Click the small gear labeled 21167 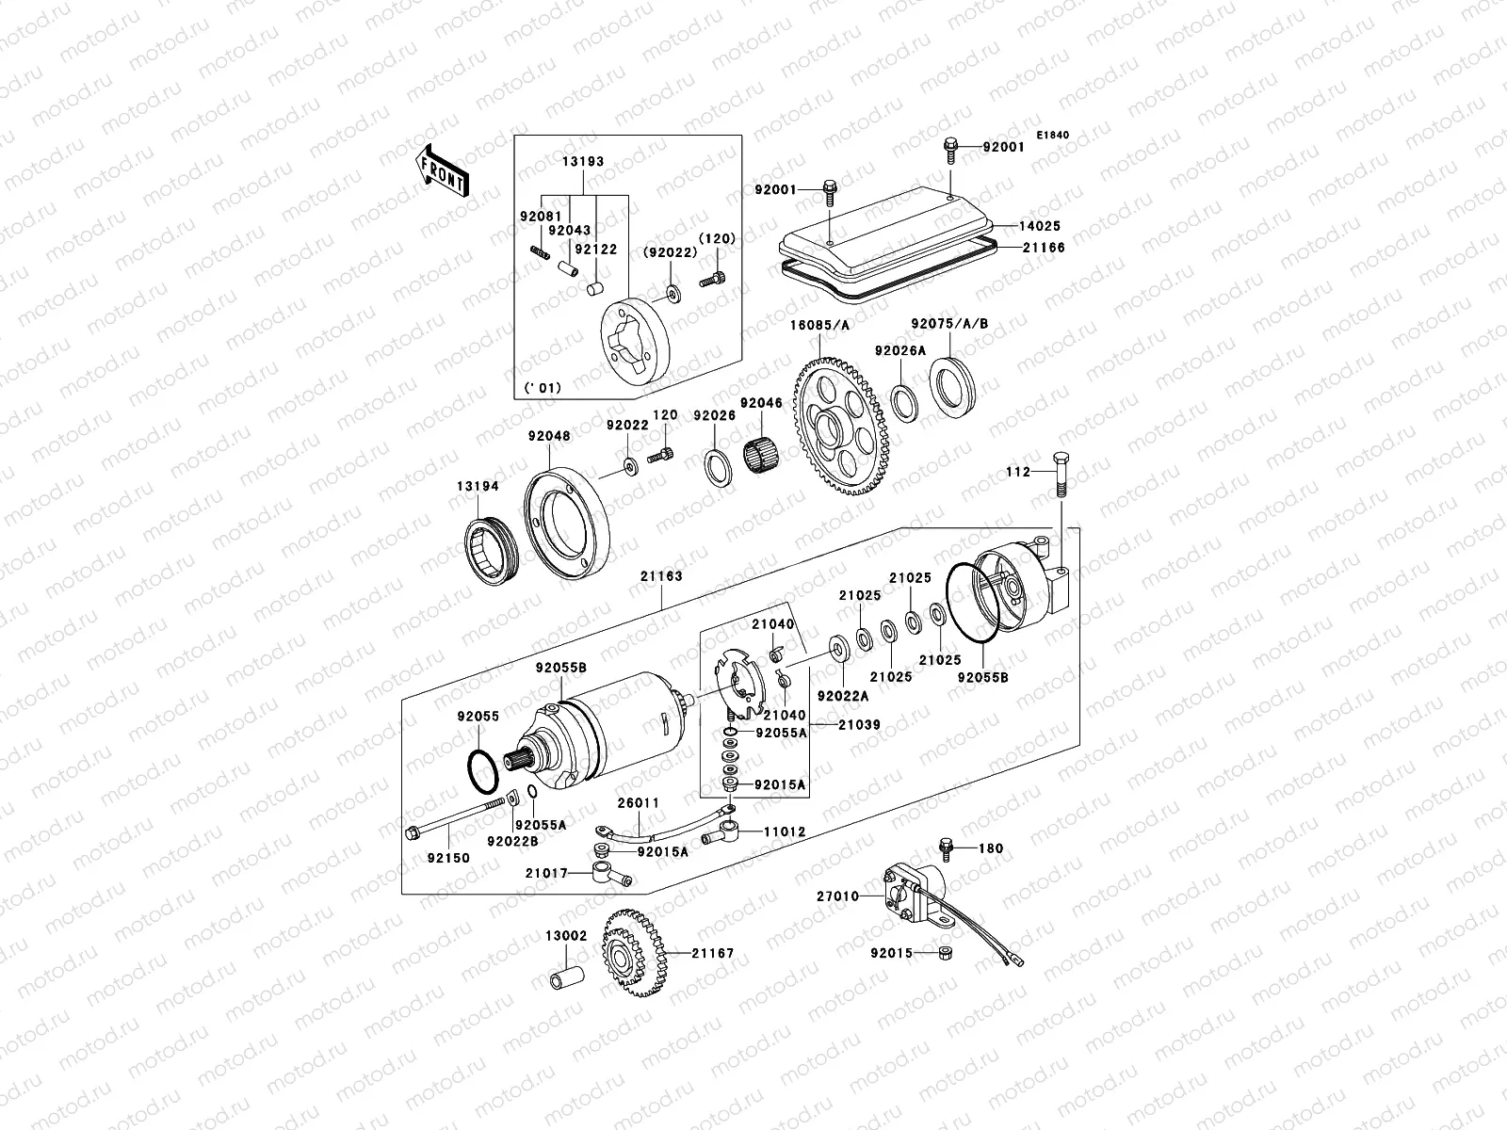pyautogui.click(x=632, y=954)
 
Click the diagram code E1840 pyautogui.click(x=1053, y=136)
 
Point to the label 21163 pyautogui.click(x=662, y=576)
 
